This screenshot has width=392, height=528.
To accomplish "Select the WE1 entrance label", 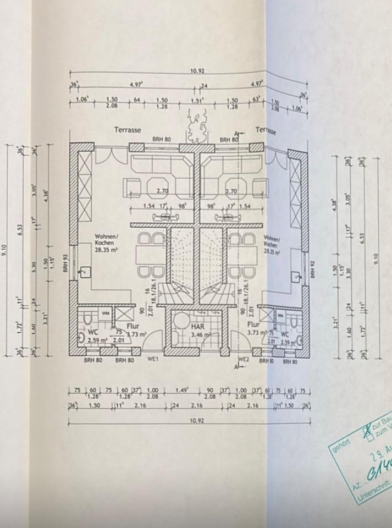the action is [x=152, y=360].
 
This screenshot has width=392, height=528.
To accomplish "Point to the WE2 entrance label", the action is [x=244, y=360].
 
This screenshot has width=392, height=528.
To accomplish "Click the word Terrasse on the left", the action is [x=128, y=130].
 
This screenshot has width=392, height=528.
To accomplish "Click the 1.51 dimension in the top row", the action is [x=196, y=101].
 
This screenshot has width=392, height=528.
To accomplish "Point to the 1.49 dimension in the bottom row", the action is [x=182, y=391].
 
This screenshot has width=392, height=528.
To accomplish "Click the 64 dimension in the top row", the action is [x=137, y=101].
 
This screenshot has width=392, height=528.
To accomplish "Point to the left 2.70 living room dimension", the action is [x=161, y=192].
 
